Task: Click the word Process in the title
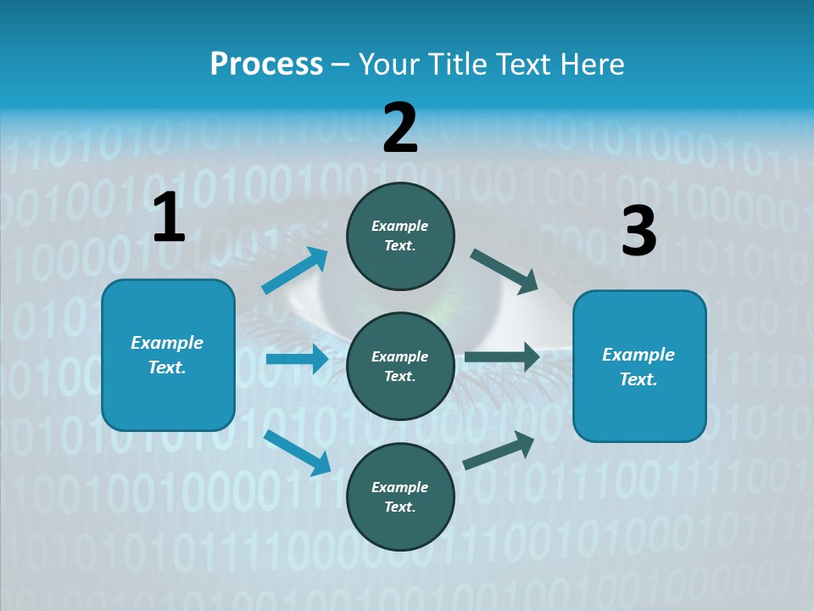[266, 64]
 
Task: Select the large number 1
[169, 217]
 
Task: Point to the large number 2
[400, 128]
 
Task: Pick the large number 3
[638, 231]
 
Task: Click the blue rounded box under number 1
[168, 355]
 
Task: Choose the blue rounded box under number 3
[639, 366]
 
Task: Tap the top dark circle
[400, 236]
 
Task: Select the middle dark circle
[400, 366]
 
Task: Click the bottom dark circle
[400, 496]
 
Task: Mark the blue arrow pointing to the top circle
[295, 271]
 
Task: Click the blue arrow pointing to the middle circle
[297, 359]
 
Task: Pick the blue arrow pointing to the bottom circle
[297, 451]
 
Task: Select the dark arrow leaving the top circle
[505, 271]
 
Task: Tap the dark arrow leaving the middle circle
[502, 356]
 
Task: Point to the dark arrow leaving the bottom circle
[499, 451]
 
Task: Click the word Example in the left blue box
[167, 343]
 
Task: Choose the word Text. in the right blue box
[638, 379]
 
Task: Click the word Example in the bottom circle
[399, 487]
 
